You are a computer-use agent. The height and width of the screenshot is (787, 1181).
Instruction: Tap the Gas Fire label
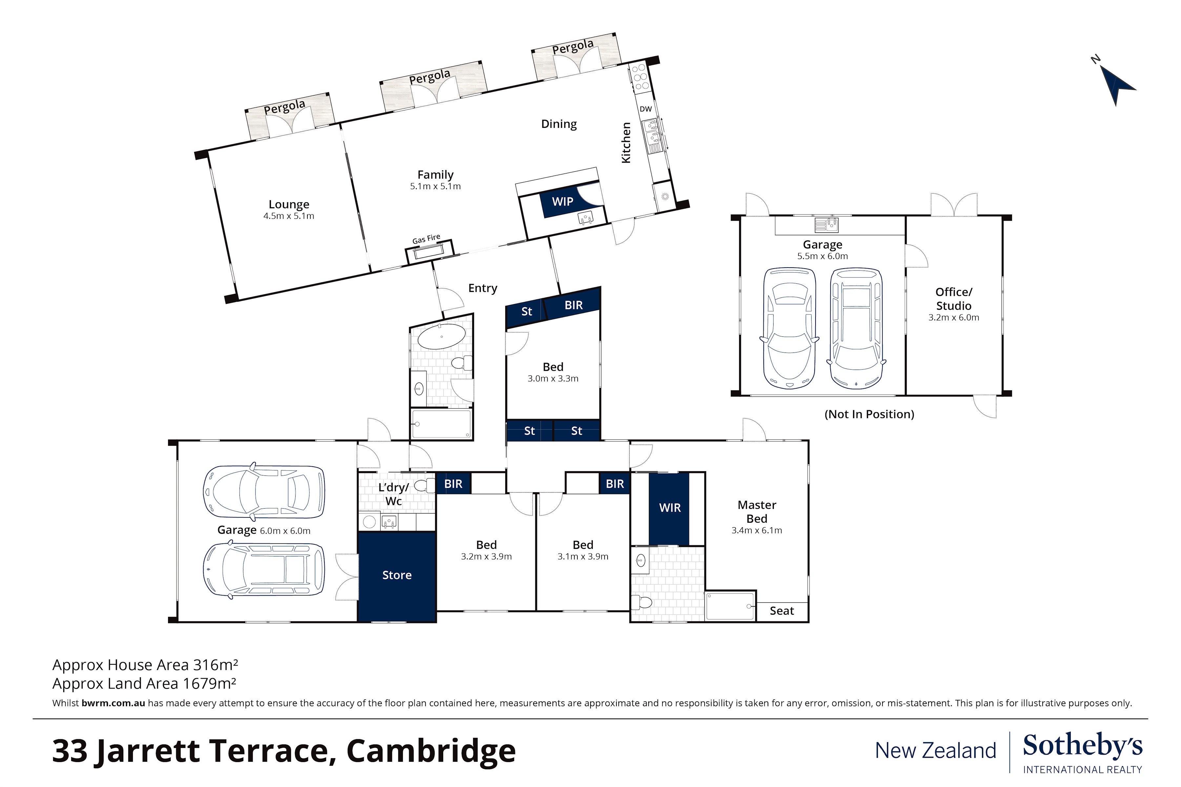point(426,239)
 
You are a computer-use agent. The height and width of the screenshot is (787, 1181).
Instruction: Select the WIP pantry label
point(562,202)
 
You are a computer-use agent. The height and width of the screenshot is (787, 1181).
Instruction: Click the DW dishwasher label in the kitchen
point(645,109)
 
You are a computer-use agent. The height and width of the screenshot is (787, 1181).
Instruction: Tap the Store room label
point(397,575)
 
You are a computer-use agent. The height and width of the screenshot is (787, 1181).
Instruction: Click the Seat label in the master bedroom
point(781,611)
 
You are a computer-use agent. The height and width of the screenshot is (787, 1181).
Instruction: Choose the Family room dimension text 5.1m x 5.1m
point(435,187)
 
